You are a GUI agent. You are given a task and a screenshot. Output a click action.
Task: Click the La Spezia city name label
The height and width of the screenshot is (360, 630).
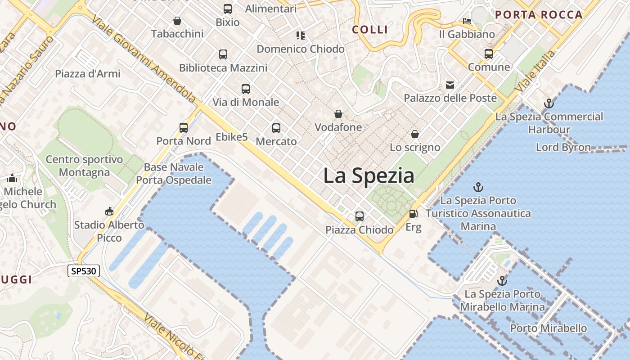tap(369, 175)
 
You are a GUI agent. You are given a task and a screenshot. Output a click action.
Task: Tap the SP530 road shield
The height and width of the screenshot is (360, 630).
tap(84, 271)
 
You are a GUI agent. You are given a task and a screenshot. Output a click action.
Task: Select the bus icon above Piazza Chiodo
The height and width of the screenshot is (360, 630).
tap(359, 216)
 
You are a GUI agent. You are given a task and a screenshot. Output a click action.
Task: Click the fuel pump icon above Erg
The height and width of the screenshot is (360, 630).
tap(413, 214)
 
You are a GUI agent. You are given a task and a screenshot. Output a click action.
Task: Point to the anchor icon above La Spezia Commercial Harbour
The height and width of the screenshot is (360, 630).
tap(549, 103)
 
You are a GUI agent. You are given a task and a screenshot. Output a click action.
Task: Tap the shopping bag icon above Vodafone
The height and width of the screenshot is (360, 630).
tap(338, 114)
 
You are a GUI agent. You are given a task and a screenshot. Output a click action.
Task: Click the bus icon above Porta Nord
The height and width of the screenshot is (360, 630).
tap(184, 128)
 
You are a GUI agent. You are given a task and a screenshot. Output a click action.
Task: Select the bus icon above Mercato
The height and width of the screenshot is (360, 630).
tap(276, 128)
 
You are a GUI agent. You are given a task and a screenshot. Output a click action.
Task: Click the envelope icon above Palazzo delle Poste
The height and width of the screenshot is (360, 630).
tap(450, 85)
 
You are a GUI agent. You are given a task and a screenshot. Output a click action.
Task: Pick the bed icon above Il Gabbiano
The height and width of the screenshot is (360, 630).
tap(467, 21)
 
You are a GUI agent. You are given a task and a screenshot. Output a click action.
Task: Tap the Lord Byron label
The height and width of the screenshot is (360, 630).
tap(563, 147)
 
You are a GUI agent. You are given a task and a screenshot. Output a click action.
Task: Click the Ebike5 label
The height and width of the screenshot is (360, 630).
tap(232, 137)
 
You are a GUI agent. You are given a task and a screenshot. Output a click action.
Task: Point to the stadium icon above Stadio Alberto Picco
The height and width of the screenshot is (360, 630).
tap(109, 211)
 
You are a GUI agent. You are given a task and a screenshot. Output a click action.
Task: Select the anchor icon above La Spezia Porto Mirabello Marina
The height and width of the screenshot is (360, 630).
tap(502, 281)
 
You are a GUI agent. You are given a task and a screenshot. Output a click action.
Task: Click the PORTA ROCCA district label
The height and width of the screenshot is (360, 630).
tap(539, 15)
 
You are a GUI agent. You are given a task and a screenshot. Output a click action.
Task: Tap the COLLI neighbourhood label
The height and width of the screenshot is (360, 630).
tap(370, 30)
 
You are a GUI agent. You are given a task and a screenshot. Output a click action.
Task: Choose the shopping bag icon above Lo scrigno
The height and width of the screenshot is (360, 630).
tap(414, 134)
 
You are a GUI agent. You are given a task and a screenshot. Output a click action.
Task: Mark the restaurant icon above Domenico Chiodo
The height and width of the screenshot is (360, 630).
tap(301, 36)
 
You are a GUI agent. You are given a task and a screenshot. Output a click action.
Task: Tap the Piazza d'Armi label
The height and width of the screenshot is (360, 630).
tap(88, 74)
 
